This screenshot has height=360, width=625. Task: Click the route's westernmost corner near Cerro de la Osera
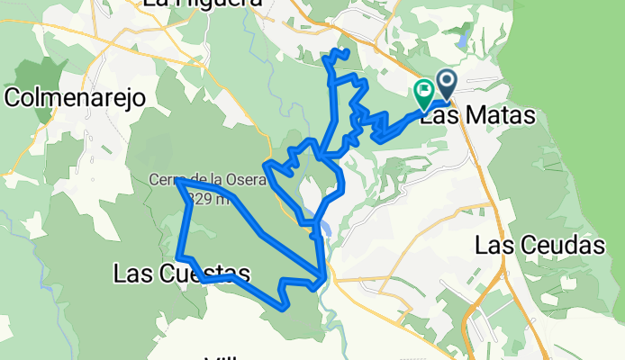click(x=178, y=180)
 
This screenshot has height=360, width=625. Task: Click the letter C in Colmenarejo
click(x=15, y=98)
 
